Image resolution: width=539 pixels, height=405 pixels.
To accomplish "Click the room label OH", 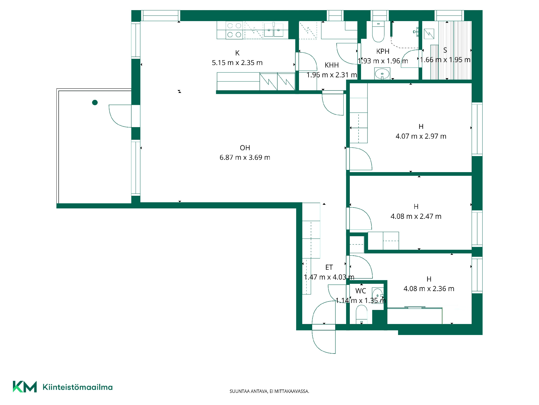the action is [x=245, y=148].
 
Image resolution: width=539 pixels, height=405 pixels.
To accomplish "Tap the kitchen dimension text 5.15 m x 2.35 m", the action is [x=237, y=63].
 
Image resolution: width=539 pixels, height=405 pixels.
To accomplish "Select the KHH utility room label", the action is [x=332, y=65].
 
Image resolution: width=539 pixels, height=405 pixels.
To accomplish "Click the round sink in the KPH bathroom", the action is [x=382, y=74].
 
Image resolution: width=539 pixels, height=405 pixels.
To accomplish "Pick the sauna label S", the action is [x=445, y=50].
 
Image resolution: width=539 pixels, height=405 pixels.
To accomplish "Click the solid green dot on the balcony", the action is [x=95, y=102].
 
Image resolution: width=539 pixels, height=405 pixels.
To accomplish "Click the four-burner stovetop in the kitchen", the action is [x=234, y=30].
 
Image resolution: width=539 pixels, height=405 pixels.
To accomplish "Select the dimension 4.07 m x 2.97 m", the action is [x=421, y=136].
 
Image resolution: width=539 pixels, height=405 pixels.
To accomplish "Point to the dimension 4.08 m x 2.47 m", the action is [x=416, y=216].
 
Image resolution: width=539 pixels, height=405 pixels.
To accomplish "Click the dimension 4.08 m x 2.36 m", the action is [x=429, y=289].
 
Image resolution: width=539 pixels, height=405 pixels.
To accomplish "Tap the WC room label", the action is [x=361, y=291].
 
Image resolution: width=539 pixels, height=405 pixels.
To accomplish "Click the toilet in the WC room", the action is [x=362, y=314].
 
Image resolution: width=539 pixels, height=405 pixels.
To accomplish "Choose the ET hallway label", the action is [x=329, y=267].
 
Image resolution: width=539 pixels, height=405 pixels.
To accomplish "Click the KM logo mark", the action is [x=25, y=387].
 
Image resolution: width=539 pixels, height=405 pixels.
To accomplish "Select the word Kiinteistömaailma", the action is [x=77, y=387].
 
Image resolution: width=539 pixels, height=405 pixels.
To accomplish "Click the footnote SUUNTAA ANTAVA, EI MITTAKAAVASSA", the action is [x=269, y=391].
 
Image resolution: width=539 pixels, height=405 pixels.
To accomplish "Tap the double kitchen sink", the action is [x=274, y=30].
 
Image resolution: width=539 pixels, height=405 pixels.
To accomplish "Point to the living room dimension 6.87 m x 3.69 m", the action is [x=245, y=157].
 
